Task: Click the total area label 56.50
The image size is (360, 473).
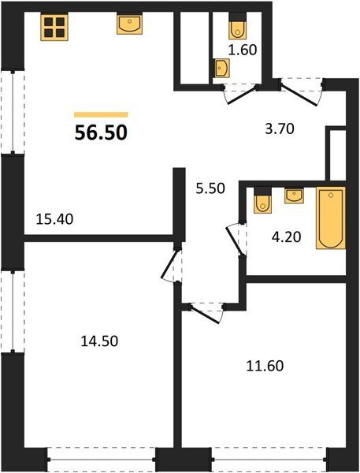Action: click(101, 132)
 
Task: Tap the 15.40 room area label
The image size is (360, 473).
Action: click(54, 219)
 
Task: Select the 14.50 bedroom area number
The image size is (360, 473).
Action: click(99, 341)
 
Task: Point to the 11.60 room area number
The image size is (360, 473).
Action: click(265, 366)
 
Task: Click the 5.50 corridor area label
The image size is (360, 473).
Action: click(210, 188)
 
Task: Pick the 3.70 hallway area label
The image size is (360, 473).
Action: click(279, 128)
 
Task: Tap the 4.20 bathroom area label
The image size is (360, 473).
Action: click(286, 236)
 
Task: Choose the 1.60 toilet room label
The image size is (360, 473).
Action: click(243, 50)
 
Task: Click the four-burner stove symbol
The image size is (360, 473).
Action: click(54, 27)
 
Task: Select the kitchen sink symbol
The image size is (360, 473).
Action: click(129, 24)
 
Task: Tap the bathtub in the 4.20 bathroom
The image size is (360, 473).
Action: click(331, 218)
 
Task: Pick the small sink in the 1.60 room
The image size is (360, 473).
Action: click(221, 68)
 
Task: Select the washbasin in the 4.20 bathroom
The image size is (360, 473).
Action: click(295, 196)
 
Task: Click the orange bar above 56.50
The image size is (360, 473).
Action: click(101, 114)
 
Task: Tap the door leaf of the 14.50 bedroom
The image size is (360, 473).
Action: click(169, 263)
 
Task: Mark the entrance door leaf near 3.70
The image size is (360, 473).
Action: click(299, 94)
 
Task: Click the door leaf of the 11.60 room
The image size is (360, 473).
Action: click(205, 315)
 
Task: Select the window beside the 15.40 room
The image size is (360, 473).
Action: click(13, 112)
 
